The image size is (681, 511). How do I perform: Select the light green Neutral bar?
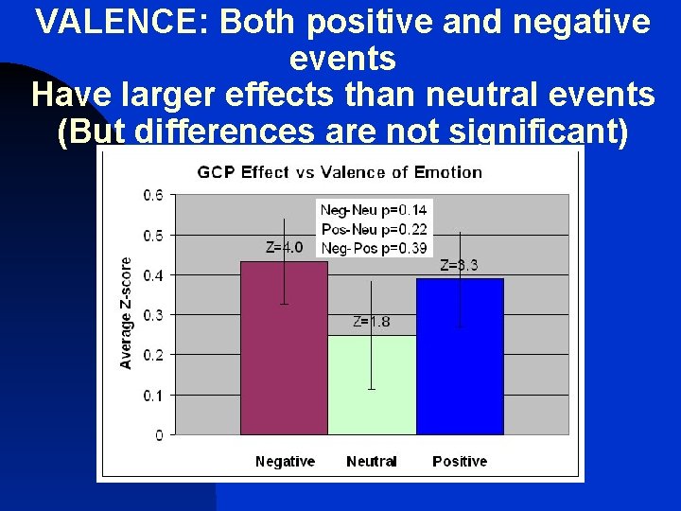point(372,397)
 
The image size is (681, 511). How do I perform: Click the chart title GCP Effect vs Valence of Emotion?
point(340,172)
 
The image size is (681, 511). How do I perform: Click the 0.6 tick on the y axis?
point(152,195)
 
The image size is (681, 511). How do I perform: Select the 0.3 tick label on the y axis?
point(152,315)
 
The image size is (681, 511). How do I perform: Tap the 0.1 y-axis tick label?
point(152,395)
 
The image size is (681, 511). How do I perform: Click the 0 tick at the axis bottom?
point(159,435)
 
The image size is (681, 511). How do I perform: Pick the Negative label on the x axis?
point(285,462)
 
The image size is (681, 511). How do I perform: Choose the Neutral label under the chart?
point(372,462)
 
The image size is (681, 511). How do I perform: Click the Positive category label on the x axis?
point(460,462)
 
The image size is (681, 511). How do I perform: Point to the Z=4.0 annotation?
point(284,248)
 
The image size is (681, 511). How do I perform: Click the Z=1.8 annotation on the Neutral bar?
point(371,322)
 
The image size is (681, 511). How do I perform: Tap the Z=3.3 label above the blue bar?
point(459,266)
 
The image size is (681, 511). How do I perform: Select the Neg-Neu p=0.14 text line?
point(374,210)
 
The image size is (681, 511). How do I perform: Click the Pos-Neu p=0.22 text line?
point(374,229)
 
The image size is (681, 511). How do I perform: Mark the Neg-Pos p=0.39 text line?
point(374,247)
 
